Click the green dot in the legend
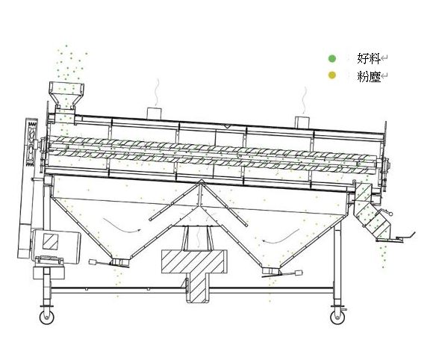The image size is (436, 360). pyautogui.click(x=331, y=58)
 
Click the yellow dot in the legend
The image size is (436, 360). pyautogui.click(x=331, y=75)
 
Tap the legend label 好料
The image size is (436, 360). pyautogui.click(x=369, y=58)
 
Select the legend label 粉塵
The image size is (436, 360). pyautogui.click(x=369, y=76)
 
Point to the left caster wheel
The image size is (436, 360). pyautogui.click(x=47, y=317)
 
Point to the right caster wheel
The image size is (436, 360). pyautogui.click(x=337, y=317)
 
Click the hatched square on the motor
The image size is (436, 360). pyautogui.click(x=50, y=241)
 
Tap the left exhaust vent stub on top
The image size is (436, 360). pyautogui.click(x=154, y=113)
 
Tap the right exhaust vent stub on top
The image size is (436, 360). pyautogui.click(x=302, y=122)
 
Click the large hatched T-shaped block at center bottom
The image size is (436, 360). pyautogui.click(x=194, y=271)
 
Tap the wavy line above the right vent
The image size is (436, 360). pyautogui.click(x=305, y=100)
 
